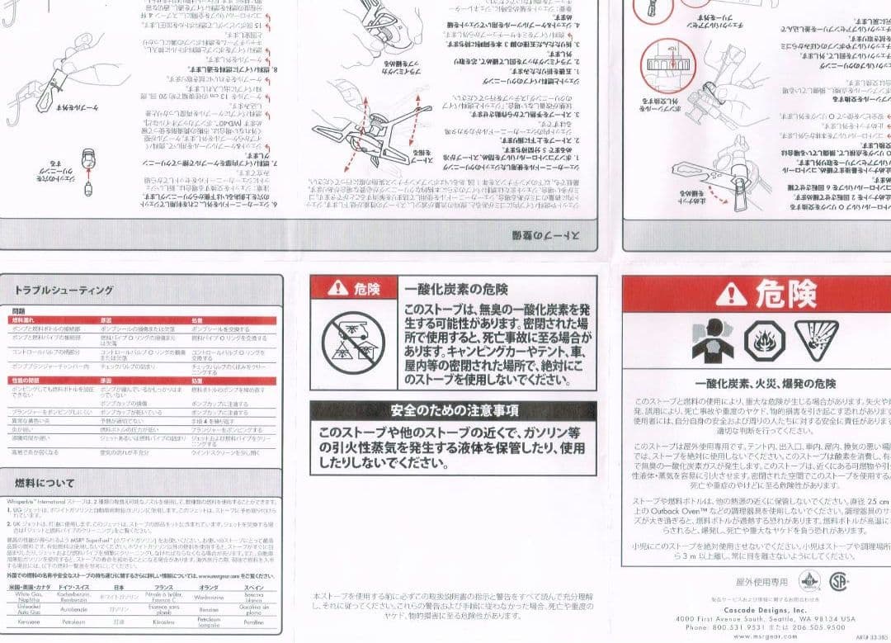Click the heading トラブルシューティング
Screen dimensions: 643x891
64,290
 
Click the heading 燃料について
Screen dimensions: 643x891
45,483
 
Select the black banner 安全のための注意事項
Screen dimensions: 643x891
454,410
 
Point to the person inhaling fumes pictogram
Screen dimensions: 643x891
714,338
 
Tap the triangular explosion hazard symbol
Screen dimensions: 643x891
816,337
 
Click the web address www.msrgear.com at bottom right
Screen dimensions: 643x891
765,636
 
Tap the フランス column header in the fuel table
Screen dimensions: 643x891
163,586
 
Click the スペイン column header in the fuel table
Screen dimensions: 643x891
254,586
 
